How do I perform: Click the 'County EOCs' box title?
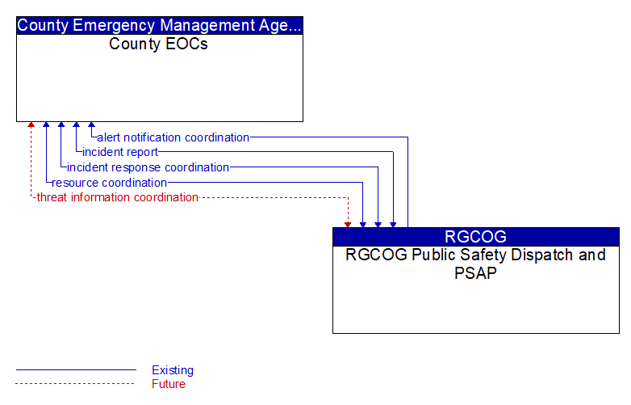point(158,44)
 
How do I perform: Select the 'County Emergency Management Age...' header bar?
point(160,25)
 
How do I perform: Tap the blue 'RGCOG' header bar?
point(476,237)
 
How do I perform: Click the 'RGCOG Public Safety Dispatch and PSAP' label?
point(475,264)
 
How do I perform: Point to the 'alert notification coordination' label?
point(173,137)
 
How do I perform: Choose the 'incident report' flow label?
point(120,152)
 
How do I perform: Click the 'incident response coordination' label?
point(148,167)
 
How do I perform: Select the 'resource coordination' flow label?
point(110,183)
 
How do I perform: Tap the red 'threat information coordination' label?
point(118,197)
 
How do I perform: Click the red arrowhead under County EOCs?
point(31,124)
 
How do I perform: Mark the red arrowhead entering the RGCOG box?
point(348,225)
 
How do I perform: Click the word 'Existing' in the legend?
point(173,370)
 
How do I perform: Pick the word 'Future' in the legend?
point(169,384)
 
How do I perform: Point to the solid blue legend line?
point(76,369)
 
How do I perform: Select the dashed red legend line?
point(75,384)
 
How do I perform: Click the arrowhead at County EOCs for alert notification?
point(92,124)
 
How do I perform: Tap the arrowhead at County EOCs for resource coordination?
point(46,124)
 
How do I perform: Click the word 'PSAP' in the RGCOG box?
point(475,272)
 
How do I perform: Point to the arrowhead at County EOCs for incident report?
point(77,124)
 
